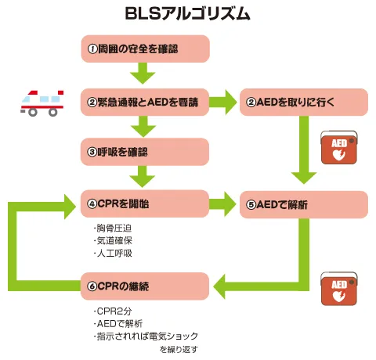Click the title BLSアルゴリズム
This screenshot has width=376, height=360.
[x=188, y=13]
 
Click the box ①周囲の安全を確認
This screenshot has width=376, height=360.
[x=146, y=49]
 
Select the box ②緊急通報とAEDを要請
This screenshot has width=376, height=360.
[x=146, y=101]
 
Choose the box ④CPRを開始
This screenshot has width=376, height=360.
[x=146, y=203]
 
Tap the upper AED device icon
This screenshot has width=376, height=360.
[x=339, y=148]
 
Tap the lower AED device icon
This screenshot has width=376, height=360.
[x=339, y=289]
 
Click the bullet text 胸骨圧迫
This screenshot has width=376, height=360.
[x=113, y=229]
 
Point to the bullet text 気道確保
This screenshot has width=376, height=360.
[x=113, y=241]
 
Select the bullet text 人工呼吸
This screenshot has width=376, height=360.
[x=113, y=254]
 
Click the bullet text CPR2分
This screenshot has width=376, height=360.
[x=111, y=311]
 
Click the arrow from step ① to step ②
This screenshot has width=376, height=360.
[x=146, y=74]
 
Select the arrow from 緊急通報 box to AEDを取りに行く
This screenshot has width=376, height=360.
[x=224, y=101]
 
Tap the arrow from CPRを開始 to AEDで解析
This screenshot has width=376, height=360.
[x=224, y=203]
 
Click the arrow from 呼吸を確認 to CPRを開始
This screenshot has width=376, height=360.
[x=146, y=178]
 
